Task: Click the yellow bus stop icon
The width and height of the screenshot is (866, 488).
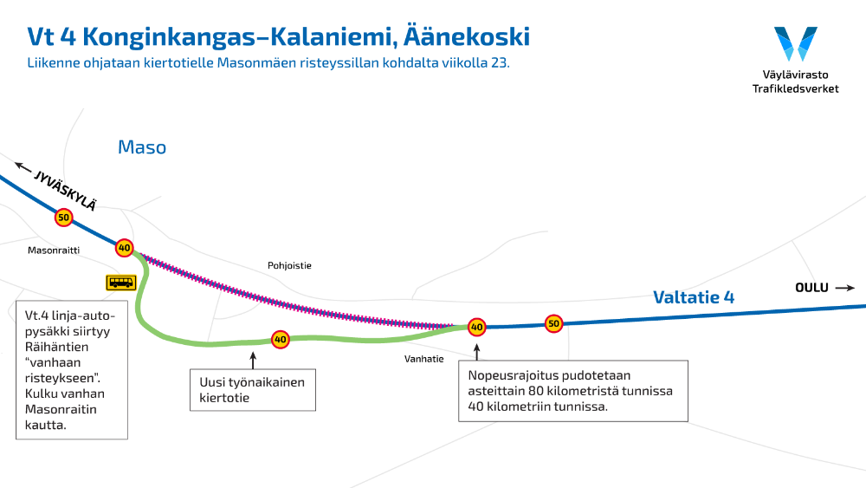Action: pos(120,282)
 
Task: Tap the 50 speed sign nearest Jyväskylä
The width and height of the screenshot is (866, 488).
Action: pos(63,218)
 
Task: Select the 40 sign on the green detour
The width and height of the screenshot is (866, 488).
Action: pos(280,339)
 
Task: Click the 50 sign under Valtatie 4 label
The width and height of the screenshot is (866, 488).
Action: pos(553,324)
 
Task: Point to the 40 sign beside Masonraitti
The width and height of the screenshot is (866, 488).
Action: pos(125,248)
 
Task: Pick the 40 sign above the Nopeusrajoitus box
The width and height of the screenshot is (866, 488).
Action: pos(476,327)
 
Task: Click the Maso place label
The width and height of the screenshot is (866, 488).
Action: pos(142,147)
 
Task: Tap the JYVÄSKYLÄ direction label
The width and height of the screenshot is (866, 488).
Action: pos(65,189)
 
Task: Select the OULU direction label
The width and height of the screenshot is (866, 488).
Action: pos(812,288)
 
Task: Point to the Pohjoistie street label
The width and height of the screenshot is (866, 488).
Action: pos(289,266)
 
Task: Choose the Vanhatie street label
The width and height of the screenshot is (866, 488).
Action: pos(423,357)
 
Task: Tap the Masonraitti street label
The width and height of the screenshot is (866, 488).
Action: pos(53,250)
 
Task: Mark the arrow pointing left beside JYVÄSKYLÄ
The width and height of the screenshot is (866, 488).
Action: pos(23,166)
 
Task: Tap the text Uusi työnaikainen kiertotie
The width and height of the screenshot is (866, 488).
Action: pos(252,389)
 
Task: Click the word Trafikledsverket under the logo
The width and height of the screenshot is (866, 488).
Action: pos(795,88)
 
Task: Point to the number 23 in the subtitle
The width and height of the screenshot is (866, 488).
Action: pos(499,63)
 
